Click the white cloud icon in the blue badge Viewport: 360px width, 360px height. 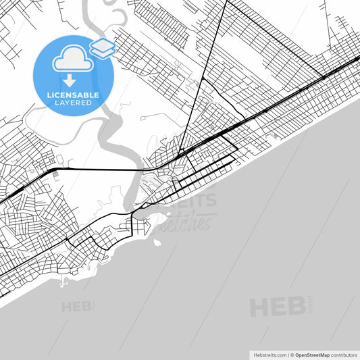[x=72, y=59]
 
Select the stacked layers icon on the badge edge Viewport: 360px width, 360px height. [x=102, y=47]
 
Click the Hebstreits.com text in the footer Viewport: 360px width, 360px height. [x=269, y=354]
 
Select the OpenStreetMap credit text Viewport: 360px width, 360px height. [x=311, y=354]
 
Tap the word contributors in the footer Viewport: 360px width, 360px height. [x=344, y=354]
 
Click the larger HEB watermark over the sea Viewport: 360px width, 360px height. [x=277, y=307]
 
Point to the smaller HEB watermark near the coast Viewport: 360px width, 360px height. [x=77, y=307]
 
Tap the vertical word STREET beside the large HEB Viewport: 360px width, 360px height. [x=311, y=303]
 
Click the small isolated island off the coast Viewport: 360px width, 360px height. [x=157, y=242]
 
